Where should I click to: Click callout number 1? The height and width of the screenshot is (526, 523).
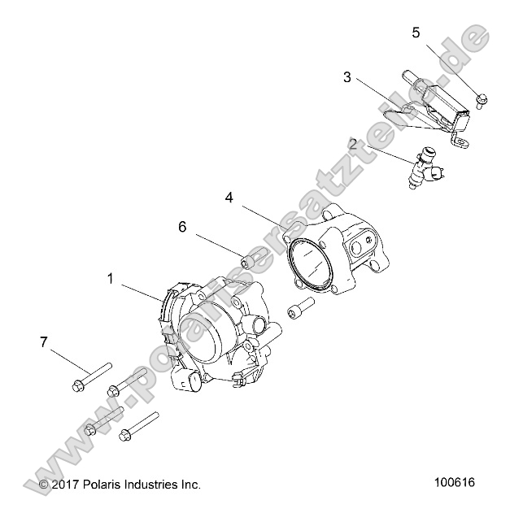point(111,278)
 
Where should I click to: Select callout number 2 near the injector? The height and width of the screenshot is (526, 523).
point(353,146)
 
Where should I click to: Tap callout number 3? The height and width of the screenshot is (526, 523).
point(347,78)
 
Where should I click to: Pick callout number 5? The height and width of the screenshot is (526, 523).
point(416,33)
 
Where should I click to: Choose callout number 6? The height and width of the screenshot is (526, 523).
point(182,227)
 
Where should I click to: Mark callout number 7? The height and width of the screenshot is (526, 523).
point(44,341)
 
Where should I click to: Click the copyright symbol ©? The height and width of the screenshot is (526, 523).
point(43,485)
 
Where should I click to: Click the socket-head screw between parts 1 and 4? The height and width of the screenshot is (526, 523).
point(299,310)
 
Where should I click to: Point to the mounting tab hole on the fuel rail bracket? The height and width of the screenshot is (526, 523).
point(462,143)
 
